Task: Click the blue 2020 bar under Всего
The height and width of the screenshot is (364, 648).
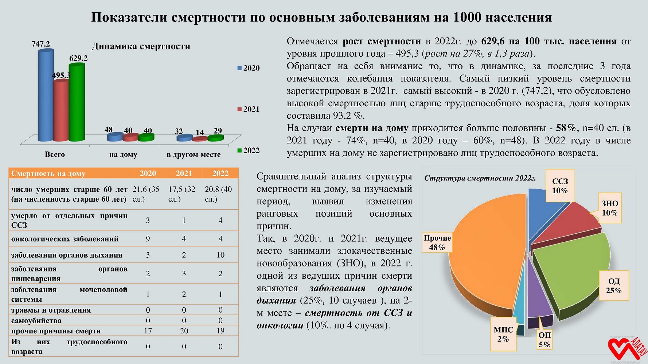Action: click(x=46, y=95)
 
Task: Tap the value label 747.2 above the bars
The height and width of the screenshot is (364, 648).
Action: click(x=40, y=44)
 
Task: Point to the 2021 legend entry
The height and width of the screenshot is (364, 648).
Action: click(x=249, y=109)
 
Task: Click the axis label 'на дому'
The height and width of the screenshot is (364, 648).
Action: click(x=123, y=154)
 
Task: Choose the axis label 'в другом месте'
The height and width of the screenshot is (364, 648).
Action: click(x=194, y=154)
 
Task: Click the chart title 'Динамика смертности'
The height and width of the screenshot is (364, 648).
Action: click(x=141, y=46)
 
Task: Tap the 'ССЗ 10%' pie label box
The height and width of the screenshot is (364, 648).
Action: click(x=560, y=186)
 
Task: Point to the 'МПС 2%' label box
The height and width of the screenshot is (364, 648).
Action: click(x=503, y=334)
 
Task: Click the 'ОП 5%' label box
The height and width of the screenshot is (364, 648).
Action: click(x=544, y=340)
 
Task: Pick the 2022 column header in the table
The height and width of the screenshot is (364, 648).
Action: click(x=220, y=173)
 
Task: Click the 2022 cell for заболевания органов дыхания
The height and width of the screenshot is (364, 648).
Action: click(x=220, y=255)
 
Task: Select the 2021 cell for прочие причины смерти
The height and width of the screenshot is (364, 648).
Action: click(x=184, y=331)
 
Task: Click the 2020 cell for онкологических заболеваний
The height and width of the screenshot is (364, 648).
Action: click(x=148, y=239)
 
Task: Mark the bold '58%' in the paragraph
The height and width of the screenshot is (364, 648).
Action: click(x=566, y=128)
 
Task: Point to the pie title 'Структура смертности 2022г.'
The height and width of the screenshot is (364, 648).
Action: click(x=480, y=178)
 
